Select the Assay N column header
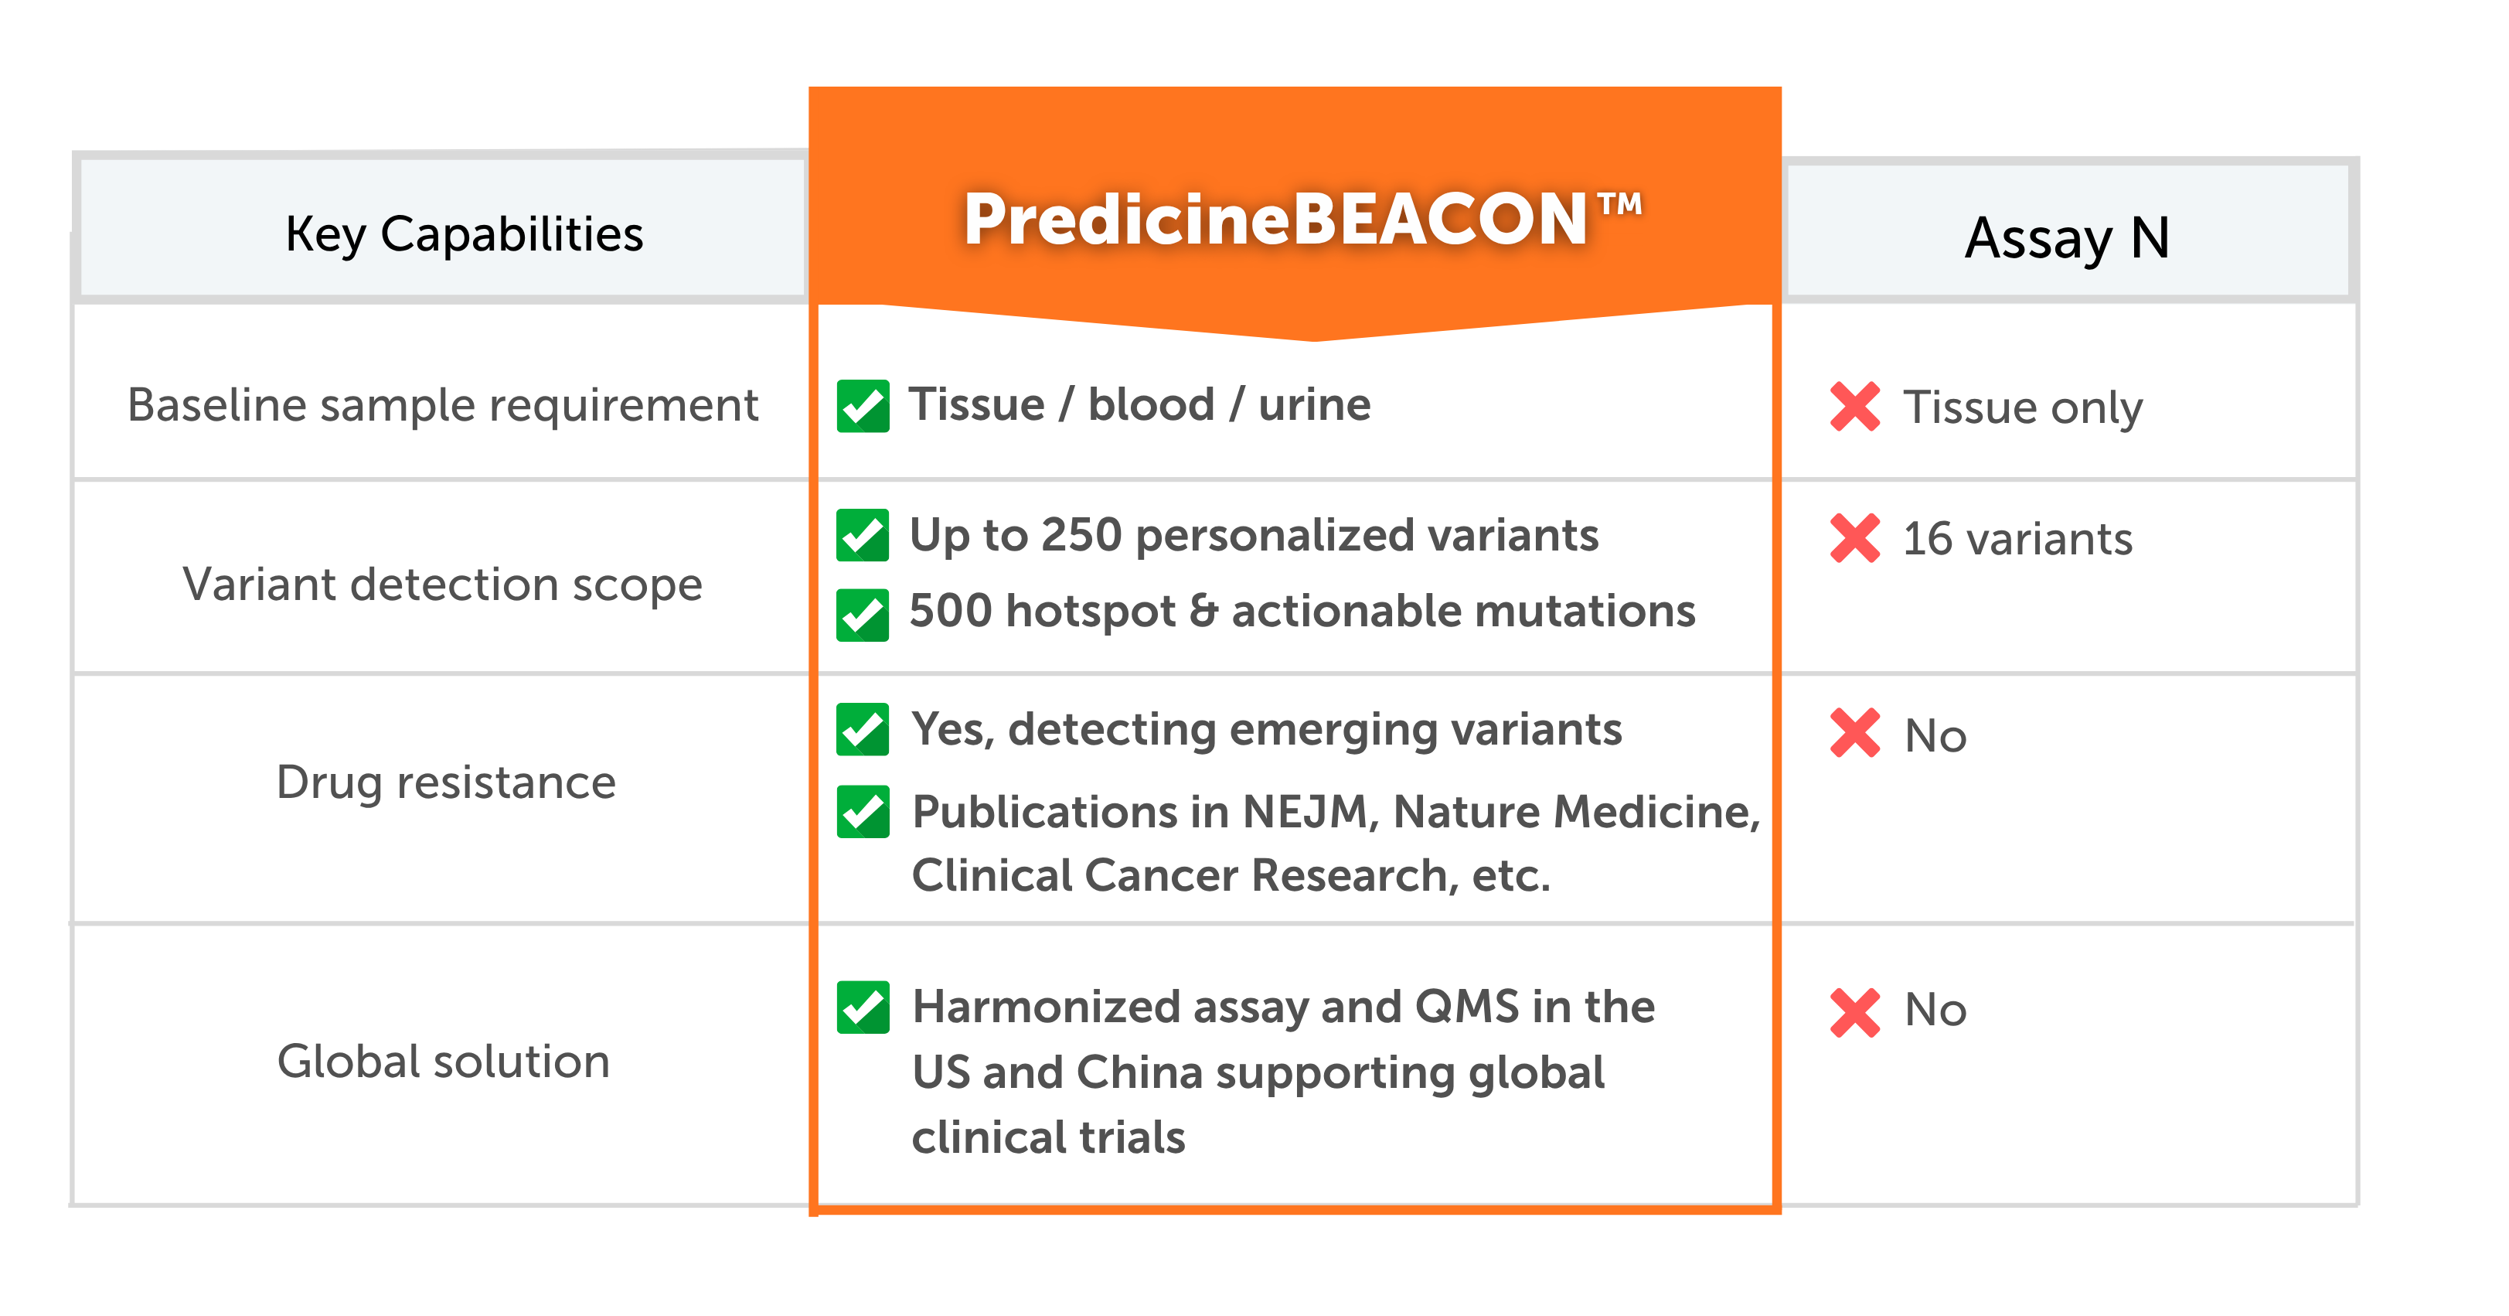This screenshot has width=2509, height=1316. coord(2067,237)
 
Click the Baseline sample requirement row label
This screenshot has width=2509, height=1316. coord(442,405)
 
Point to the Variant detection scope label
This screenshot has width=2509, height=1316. coord(442,585)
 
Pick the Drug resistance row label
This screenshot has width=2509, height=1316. coord(446,782)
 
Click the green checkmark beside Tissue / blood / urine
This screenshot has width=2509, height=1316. coord(863,405)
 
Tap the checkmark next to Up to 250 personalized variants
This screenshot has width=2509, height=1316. coord(863,535)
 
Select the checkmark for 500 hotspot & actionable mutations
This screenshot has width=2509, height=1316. coord(863,615)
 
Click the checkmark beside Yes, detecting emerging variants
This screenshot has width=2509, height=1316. coord(863,728)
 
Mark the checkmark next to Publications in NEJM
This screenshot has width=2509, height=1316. coord(863,811)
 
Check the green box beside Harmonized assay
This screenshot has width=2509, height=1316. coord(863,1007)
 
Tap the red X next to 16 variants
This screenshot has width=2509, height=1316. coord(1855,537)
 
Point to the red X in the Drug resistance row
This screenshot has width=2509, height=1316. coord(1855,734)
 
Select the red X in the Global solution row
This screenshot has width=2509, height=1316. coord(1855,1013)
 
